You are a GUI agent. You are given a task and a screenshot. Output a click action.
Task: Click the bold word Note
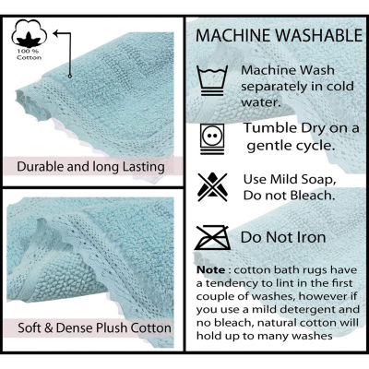[x=211, y=268]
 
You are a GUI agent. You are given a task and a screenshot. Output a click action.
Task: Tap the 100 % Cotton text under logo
[x=29, y=57]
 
